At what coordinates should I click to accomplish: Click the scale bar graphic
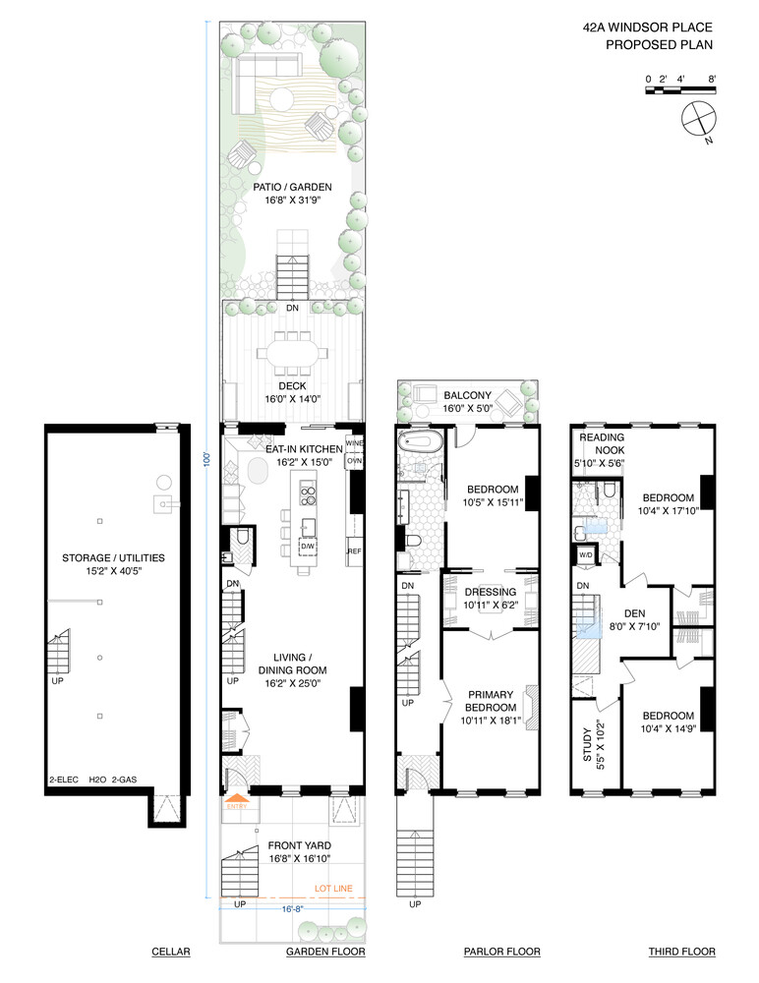[680, 90]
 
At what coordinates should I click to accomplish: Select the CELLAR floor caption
[170, 952]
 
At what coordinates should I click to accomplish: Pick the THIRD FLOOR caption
[681, 952]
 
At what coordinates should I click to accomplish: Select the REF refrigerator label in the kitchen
[355, 551]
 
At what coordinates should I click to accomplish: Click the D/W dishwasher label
[307, 546]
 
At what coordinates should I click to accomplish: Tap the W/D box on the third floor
[585, 555]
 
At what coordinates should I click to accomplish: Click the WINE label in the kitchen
[355, 443]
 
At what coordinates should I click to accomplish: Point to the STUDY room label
[588, 744]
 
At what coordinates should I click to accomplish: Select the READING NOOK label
[603, 443]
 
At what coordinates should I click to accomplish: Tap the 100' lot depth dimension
[207, 461]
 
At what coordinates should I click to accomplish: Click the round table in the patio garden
[283, 98]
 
